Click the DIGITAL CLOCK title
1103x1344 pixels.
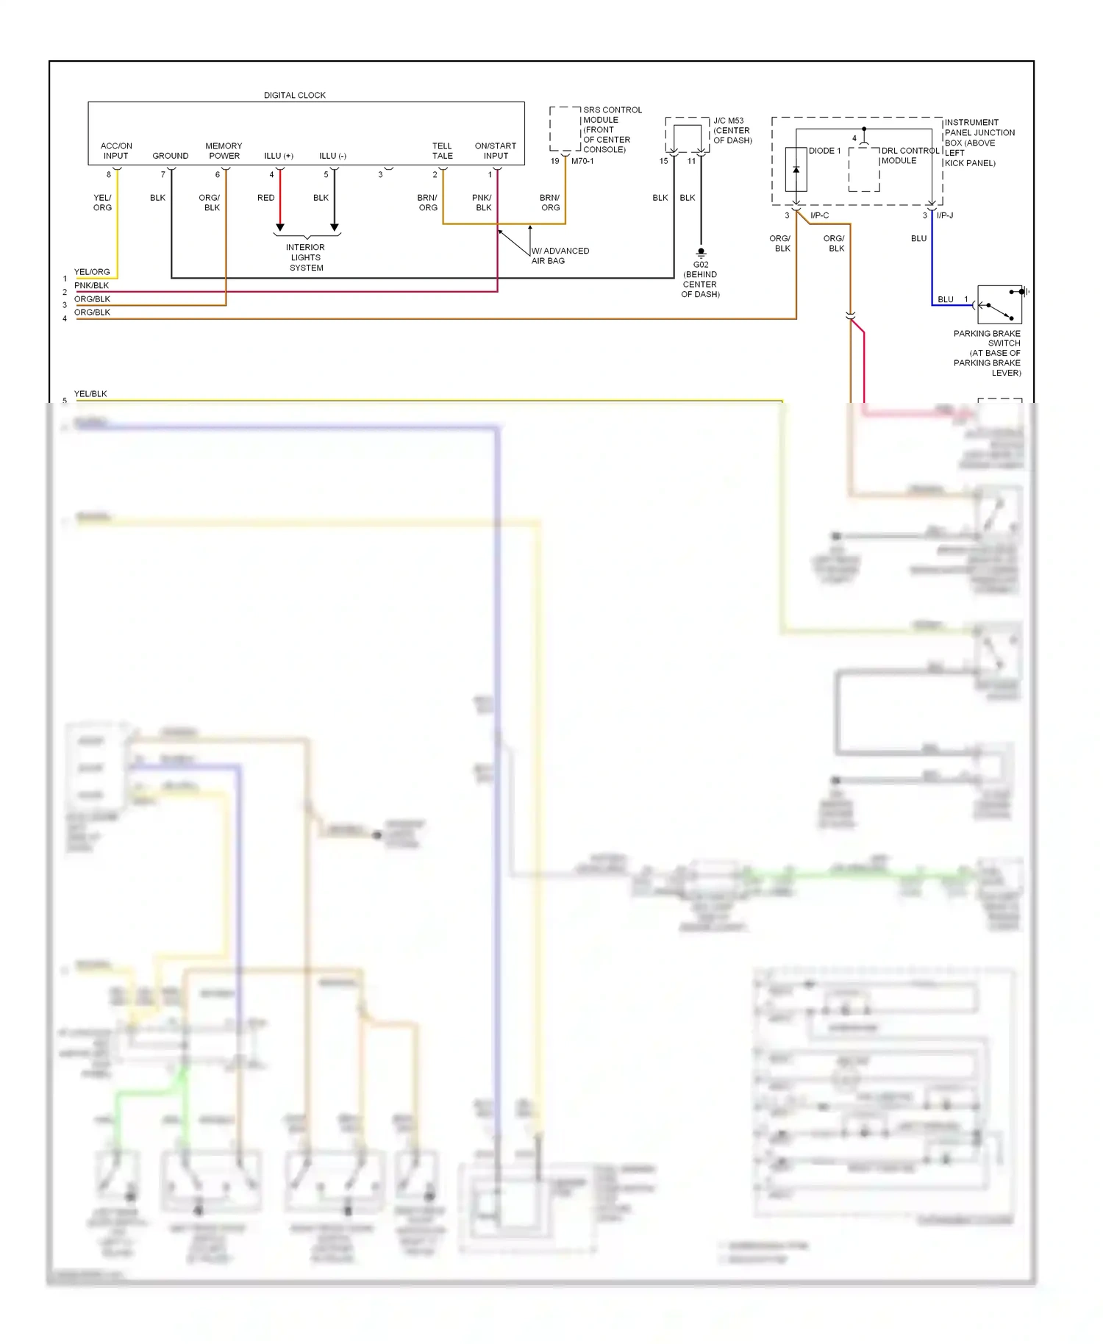(x=294, y=95)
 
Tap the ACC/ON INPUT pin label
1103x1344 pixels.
(x=116, y=151)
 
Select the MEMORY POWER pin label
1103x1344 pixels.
(x=224, y=151)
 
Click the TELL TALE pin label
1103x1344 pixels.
(x=442, y=151)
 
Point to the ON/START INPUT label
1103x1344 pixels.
(x=496, y=151)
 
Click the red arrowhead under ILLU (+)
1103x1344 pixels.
(x=280, y=227)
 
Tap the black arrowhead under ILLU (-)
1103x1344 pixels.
(x=335, y=227)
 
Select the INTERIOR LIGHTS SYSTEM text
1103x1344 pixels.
(x=305, y=257)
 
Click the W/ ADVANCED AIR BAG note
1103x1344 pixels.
(x=560, y=256)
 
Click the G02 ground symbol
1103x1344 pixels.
(x=701, y=252)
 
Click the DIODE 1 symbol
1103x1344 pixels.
(x=796, y=170)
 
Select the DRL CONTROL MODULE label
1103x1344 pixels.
(x=909, y=155)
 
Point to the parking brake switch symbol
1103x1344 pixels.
(x=999, y=304)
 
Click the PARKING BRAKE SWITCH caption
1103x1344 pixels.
(x=987, y=353)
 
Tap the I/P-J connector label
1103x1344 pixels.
(x=945, y=215)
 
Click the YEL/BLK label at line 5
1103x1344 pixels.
(x=90, y=394)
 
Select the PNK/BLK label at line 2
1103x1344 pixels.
(x=91, y=285)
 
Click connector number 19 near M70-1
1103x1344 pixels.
(x=554, y=161)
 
